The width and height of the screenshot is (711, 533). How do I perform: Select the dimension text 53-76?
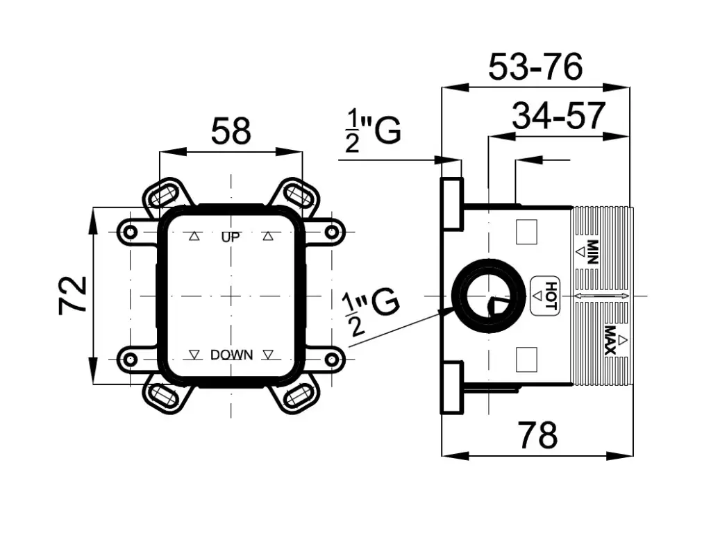[x=535, y=67]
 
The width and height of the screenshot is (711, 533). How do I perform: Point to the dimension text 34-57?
[x=559, y=116]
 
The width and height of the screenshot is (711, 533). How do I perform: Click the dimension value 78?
[x=539, y=436]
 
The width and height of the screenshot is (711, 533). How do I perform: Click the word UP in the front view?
[x=231, y=237]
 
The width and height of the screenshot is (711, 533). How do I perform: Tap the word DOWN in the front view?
[x=231, y=355]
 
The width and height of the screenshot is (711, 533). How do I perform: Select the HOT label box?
[x=545, y=296]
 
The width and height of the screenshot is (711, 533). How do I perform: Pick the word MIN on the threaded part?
[x=592, y=252]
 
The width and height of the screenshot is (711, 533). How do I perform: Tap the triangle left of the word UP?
[x=194, y=237]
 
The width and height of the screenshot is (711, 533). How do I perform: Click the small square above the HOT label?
[x=528, y=231]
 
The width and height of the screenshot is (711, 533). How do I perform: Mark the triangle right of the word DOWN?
[x=268, y=355]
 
